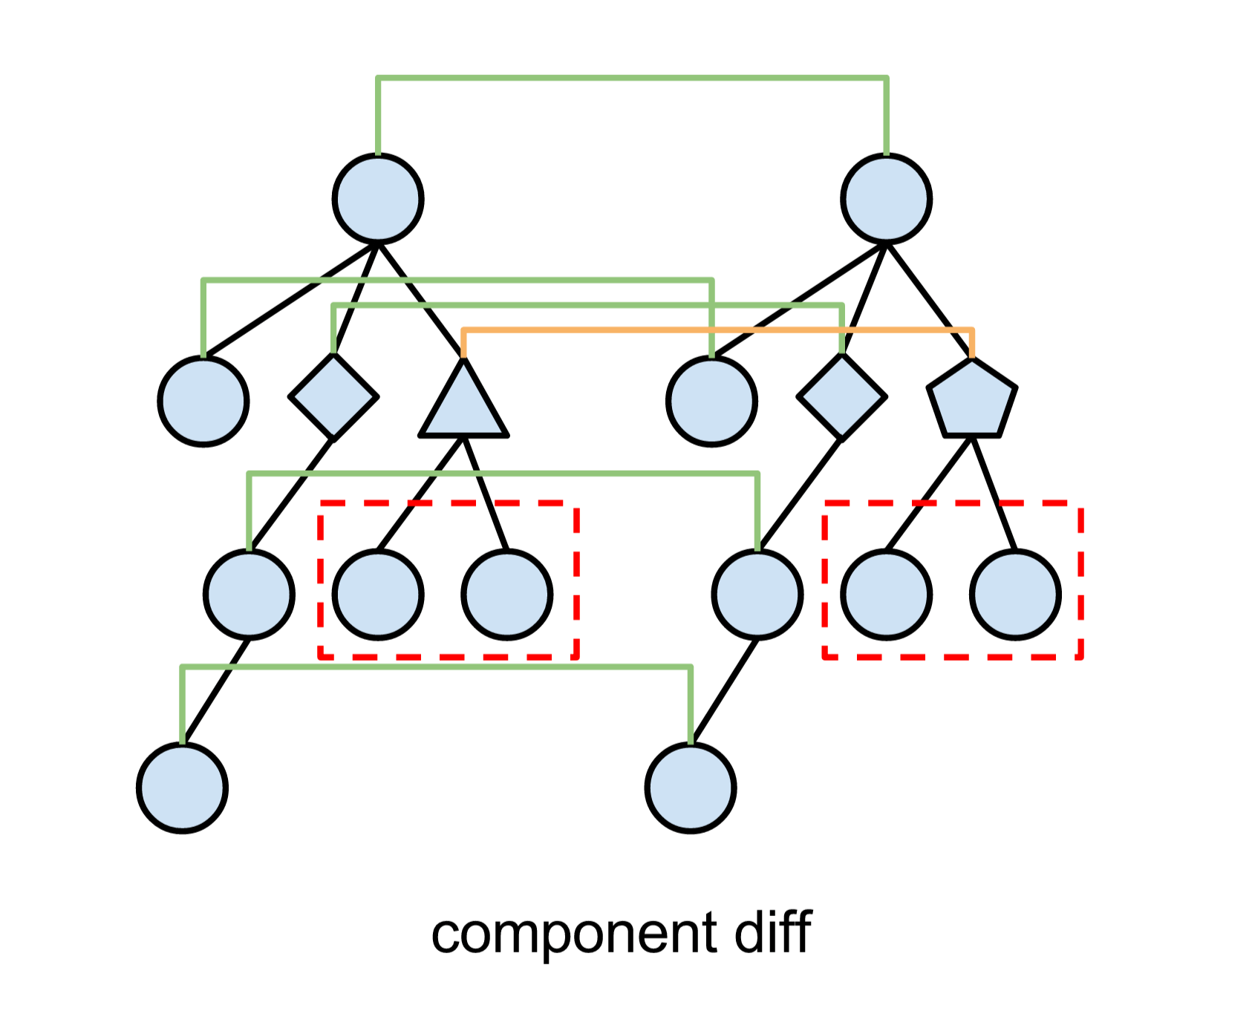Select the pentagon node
pos(971,401)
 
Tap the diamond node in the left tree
pos(333,397)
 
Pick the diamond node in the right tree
pos(841,397)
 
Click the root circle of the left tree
pos(378,199)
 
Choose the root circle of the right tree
pos(887,199)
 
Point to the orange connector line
pos(713,330)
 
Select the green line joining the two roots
pos(631,77)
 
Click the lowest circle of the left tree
pos(183,788)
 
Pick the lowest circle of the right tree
pos(691,788)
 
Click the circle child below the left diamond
pos(250,594)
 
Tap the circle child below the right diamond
pos(757,594)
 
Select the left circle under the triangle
pos(378,594)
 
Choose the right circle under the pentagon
pos(1015,594)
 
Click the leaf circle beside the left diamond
pos(203,401)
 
